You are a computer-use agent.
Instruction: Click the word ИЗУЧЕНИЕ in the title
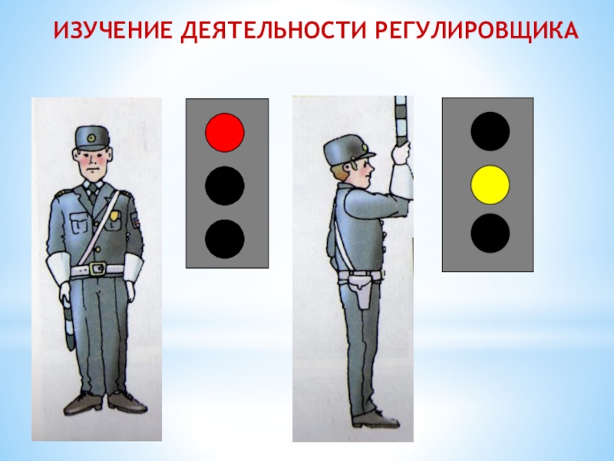click(x=113, y=30)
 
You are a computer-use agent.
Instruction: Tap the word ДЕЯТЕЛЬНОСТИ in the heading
click(x=273, y=32)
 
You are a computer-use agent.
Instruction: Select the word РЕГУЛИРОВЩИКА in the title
click(x=477, y=31)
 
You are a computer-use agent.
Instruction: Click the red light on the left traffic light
click(x=225, y=132)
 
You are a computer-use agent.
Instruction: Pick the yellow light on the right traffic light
click(x=490, y=185)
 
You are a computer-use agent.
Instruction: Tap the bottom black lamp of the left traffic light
click(x=225, y=239)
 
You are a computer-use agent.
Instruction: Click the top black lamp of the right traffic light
click(x=490, y=131)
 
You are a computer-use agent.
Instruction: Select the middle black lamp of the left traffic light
click(x=225, y=185)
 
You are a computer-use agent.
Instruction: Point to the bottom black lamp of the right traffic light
click(x=490, y=233)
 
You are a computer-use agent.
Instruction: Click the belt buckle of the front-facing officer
click(x=97, y=269)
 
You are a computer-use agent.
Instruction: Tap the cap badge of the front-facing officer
click(x=91, y=138)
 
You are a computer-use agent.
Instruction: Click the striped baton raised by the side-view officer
click(x=401, y=121)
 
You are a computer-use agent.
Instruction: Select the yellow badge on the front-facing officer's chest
click(x=114, y=216)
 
